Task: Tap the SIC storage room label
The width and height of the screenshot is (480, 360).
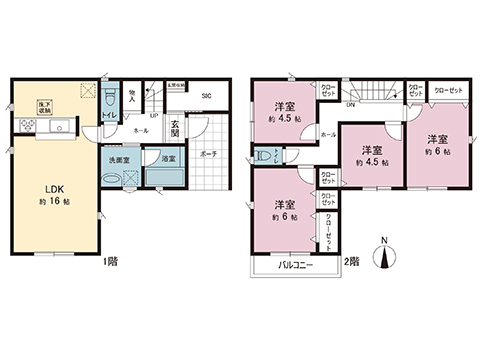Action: click(205, 96)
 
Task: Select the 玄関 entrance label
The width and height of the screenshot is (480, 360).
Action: click(175, 129)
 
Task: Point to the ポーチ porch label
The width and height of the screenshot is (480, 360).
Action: click(207, 155)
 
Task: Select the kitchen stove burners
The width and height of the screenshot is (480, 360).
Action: click(24, 126)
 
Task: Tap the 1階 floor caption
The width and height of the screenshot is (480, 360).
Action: click(110, 261)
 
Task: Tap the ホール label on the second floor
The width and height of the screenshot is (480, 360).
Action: click(328, 133)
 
